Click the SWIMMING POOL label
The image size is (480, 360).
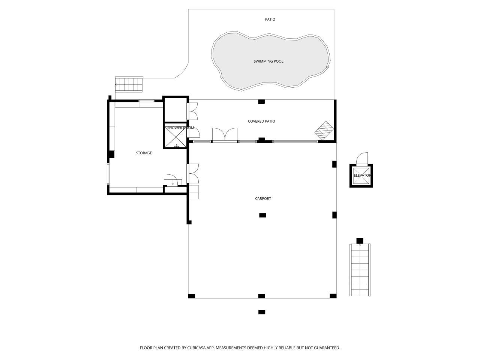[x=268, y=61]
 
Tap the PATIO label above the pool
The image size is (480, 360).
[x=270, y=19]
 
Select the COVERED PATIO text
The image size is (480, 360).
[x=261, y=121]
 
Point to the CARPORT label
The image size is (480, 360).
[x=263, y=198]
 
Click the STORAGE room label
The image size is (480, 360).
[x=144, y=153]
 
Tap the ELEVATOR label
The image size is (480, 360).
[x=362, y=175]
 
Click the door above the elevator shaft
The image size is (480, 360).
[x=362, y=159]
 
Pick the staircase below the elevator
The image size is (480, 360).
[x=360, y=269]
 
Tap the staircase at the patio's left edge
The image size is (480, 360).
[x=129, y=84]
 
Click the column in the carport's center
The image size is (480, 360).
[x=263, y=215]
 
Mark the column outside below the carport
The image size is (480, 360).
[x=262, y=312]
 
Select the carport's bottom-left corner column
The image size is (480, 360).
[x=192, y=296]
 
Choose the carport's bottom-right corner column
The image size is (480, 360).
[x=333, y=296]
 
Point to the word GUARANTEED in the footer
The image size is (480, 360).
[x=325, y=348]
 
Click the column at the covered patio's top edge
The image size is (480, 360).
[x=261, y=101]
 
